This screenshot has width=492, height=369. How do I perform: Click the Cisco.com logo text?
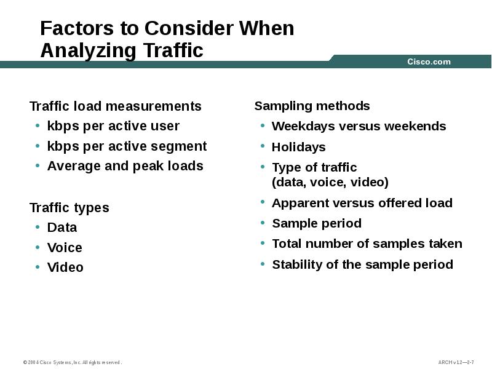click(429, 61)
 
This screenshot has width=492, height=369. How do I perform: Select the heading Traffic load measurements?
click(115, 106)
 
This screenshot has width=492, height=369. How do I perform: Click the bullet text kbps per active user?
click(113, 126)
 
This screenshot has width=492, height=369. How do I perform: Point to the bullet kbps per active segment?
click(127, 146)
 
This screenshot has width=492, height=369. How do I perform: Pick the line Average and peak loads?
click(125, 166)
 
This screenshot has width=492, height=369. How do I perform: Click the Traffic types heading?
click(69, 208)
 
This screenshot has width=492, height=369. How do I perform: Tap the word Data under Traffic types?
click(62, 228)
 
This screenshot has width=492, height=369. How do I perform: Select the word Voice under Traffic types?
click(65, 248)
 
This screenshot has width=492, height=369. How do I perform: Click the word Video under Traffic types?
click(65, 268)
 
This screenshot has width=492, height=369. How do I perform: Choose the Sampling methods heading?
click(312, 106)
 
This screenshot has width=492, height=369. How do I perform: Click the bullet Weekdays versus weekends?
click(359, 126)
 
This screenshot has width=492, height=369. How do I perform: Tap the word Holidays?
click(298, 147)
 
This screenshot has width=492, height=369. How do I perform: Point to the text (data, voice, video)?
click(330, 182)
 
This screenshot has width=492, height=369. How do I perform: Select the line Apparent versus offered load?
click(362, 203)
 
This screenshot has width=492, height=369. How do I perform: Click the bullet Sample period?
click(316, 223)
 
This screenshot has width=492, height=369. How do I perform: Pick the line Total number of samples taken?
click(367, 244)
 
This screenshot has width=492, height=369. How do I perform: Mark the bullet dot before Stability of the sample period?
click(263, 264)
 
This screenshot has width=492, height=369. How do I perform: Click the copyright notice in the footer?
click(73, 362)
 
